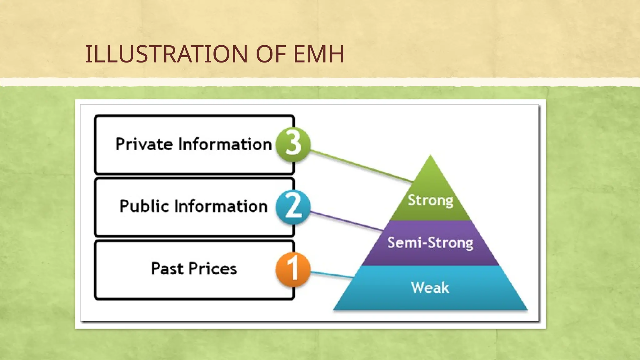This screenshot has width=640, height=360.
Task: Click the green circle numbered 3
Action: pyautogui.click(x=293, y=144)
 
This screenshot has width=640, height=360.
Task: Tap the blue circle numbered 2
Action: pyautogui.click(x=293, y=207)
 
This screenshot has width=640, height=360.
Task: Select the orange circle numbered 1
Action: pyautogui.click(x=293, y=269)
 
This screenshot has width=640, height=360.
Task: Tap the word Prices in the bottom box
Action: pyautogui.click(x=212, y=269)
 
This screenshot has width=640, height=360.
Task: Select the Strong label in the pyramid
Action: pyautogui.click(x=430, y=200)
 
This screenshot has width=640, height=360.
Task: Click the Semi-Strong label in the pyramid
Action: pyautogui.click(x=430, y=243)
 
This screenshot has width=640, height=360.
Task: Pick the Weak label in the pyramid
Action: pyautogui.click(x=430, y=287)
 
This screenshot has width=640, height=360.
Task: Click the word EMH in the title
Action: pyautogui.click(x=319, y=54)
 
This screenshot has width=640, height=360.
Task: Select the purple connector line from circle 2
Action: pyautogui.click(x=347, y=221)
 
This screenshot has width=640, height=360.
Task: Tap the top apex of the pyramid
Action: pyautogui.click(x=430, y=156)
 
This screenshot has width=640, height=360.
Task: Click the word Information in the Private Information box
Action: pyautogui.click(x=225, y=144)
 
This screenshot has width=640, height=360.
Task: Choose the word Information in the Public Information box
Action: pyautogui.click(x=221, y=206)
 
